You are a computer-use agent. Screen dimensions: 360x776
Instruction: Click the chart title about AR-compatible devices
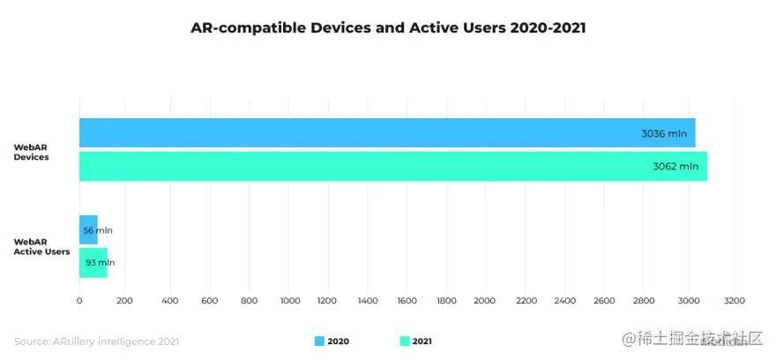[388, 28]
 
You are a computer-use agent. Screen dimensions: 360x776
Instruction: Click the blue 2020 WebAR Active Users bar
[88, 229]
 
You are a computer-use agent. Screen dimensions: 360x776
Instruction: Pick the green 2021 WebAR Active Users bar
[93, 262]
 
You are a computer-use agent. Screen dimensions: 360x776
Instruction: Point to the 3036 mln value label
[664, 134]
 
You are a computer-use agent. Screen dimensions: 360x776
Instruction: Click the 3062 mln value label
[675, 166]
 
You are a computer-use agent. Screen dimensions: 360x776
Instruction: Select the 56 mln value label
[98, 230]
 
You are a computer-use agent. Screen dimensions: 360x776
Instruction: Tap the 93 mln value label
[100, 262]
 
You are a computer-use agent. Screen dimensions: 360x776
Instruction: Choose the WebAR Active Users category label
[41, 246]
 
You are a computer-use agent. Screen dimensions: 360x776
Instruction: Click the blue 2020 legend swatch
[319, 341]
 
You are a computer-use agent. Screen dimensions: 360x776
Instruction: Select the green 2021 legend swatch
[405, 341]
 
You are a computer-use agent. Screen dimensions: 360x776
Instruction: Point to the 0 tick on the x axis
[79, 300]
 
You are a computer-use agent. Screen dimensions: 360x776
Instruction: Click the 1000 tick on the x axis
[291, 300]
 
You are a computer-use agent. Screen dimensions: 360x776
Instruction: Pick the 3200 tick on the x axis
[734, 300]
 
